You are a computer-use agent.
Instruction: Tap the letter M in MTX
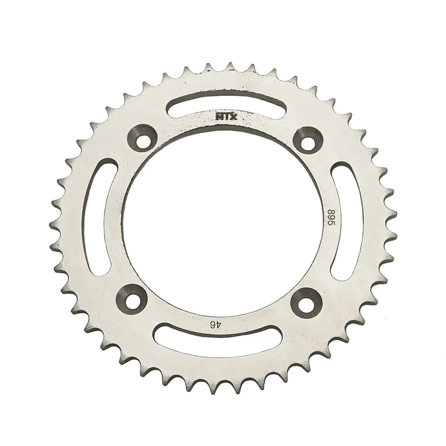tap(219, 117)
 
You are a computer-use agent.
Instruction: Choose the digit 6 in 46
tap(211, 323)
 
